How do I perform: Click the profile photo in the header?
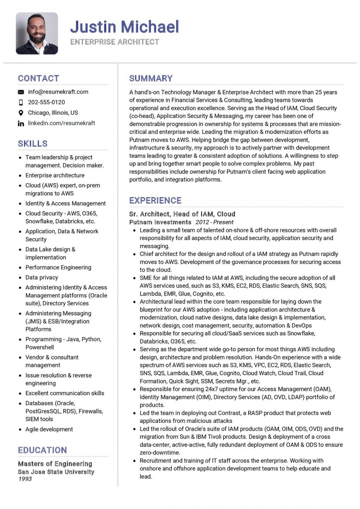(x=37, y=33)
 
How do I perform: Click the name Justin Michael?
(x=124, y=27)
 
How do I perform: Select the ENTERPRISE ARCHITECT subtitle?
(x=115, y=42)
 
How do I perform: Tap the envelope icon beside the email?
(x=21, y=92)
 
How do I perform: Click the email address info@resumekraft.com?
(x=58, y=92)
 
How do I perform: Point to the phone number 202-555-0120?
(x=46, y=102)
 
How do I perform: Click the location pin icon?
(x=21, y=113)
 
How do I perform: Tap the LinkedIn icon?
(x=21, y=124)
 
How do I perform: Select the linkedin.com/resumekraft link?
(x=61, y=123)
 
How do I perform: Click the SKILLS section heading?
(x=33, y=143)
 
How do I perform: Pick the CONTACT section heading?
(x=38, y=79)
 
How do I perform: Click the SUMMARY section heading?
(x=151, y=79)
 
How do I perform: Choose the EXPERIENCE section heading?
(x=155, y=200)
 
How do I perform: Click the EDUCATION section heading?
(x=42, y=450)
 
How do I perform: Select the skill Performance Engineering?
(x=58, y=267)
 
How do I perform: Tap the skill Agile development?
(x=49, y=429)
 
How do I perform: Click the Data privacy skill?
(x=42, y=277)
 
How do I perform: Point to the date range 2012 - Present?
(x=214, y=222)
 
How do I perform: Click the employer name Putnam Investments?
(x=160, y=222)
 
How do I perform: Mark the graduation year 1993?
(x=25, y=479)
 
